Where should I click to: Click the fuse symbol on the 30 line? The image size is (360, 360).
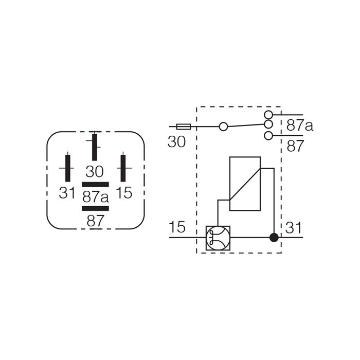pos(184,127)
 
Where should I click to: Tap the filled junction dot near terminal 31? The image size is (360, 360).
pos(274,238)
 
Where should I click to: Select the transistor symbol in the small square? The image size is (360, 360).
pos(218,238)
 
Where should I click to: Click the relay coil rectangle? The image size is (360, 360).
pos(245,184)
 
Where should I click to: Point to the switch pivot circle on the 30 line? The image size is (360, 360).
pos(223,127)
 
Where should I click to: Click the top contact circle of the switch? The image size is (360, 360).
pos(268,114)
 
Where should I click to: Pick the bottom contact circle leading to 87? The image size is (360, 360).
pos(268,135)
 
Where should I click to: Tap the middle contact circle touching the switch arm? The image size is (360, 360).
pos(268,124)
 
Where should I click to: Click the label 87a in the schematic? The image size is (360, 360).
pos(300,126)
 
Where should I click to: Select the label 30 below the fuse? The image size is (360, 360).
pos(176,141)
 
